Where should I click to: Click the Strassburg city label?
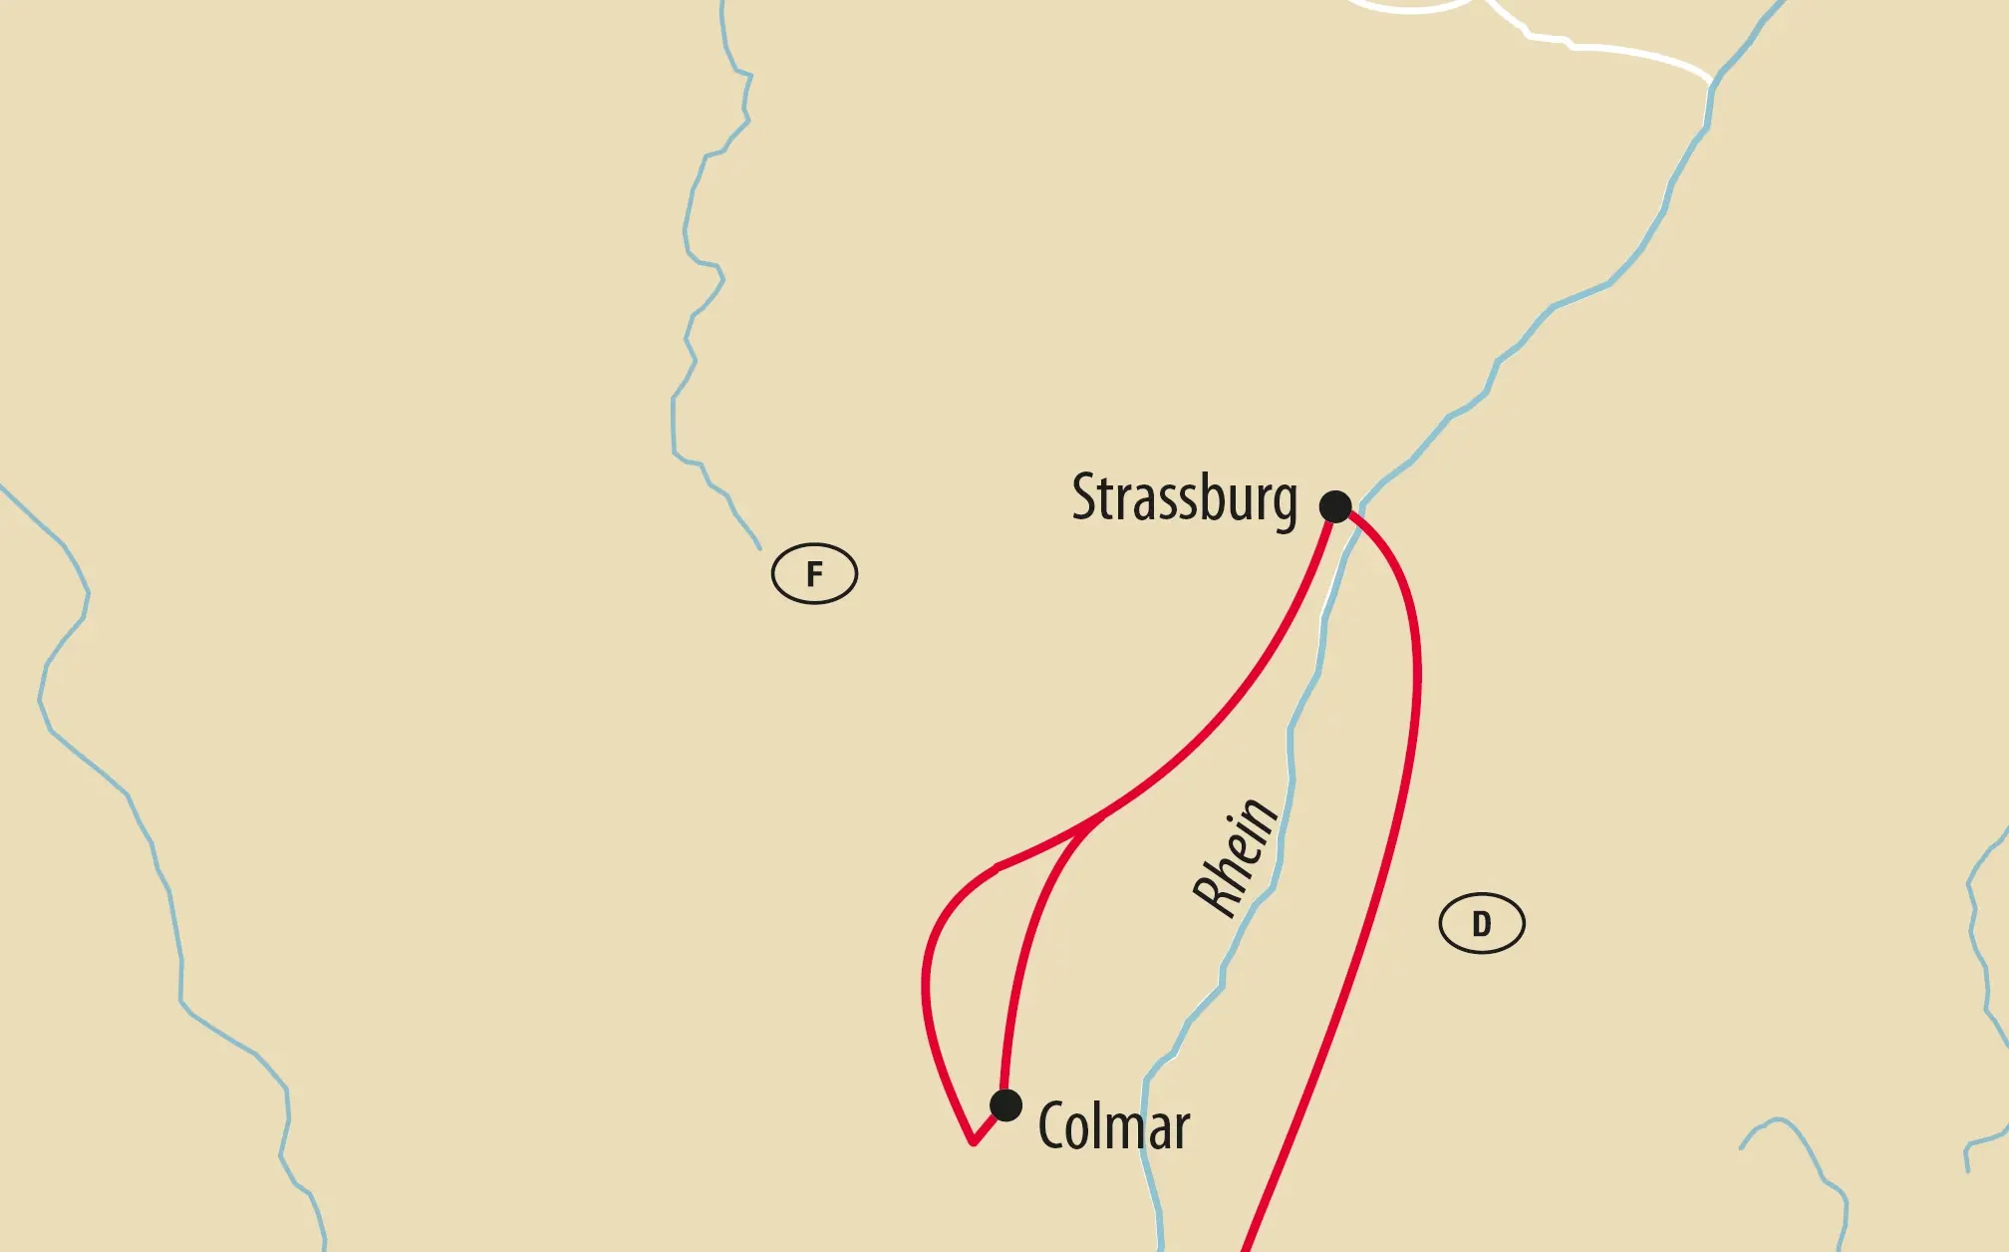click(x=1184, y=498)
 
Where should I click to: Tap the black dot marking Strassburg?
click(x=1335, y=506)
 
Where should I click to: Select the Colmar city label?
click(x=1114, y=1126)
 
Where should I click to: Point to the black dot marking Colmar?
click(x=1006, y=1104)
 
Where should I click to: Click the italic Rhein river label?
click(x=1236, y=857)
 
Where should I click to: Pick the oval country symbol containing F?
click(x=814, y=574)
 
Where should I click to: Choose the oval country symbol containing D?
click(x=1482, y=924)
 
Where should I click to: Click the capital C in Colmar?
click(x=1052, y=1126)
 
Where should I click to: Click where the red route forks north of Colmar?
click(x=1101, y=817)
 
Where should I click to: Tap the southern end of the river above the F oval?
click(x=758, y=547)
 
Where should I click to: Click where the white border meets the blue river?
click(x=1712, y=81)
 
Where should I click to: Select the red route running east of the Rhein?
click(x=1395, y=847)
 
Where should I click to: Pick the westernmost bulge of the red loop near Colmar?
click(x=925, y=987)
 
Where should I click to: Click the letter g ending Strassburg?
click(x=1286, y=502)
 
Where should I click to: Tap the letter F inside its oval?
click(x=814, y=574)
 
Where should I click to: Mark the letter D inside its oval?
click(x=1482, y=924)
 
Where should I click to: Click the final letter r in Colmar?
click(x=1181, y=1130)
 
